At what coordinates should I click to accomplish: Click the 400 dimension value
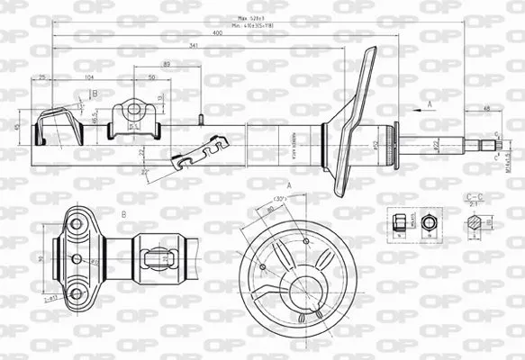(218, 32)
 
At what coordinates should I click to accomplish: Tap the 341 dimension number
(195, 46)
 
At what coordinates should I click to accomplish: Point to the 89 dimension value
(167, 64)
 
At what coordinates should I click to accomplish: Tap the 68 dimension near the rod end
(486, 108)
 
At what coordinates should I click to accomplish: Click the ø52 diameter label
(376, 144)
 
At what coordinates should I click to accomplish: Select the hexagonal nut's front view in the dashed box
(429, 221)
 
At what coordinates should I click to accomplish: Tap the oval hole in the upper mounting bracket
(134, 110)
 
